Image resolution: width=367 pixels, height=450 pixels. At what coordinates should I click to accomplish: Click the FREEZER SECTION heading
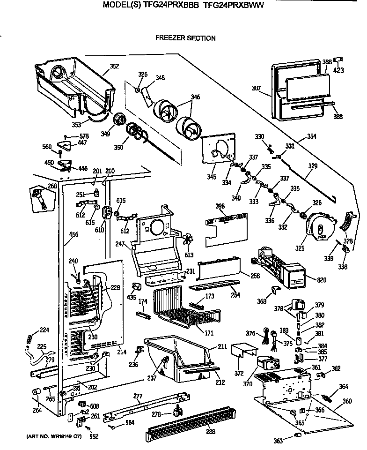[x=185, y=38]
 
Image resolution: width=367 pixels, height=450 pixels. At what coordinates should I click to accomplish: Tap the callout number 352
[x=114, y=66]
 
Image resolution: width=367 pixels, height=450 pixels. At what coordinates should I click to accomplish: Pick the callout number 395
[x=220, y=206]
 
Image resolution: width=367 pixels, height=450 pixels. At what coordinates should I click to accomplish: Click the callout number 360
[x=347, y=401]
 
